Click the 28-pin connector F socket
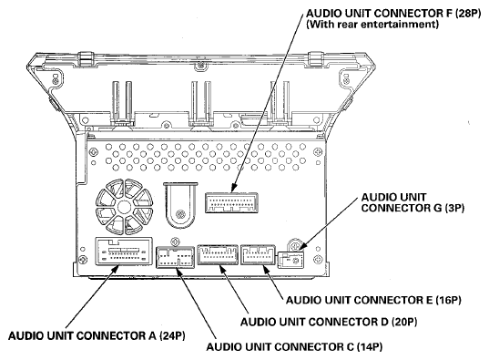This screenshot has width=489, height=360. [x=231, y=202]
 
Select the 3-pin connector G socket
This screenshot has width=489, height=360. [x=290, y=260]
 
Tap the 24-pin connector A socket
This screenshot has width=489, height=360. [x=124, y=252]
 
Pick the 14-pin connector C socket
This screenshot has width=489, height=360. [x=175, y=257]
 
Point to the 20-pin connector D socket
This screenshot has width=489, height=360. [x=218, y=255]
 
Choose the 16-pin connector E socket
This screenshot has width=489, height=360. [x=258, y=255]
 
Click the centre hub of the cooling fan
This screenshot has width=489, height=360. [x=124, y=207]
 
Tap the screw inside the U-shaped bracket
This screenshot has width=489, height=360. [x=179, y=214]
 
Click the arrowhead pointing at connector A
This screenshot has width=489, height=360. [x=116, y=269]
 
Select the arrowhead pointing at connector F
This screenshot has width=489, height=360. [x=235, y=188]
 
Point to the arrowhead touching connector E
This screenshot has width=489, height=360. [x=267, y=270]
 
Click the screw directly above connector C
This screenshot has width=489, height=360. [x=175, y=242]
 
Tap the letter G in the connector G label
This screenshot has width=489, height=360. [x=437, y=208]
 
